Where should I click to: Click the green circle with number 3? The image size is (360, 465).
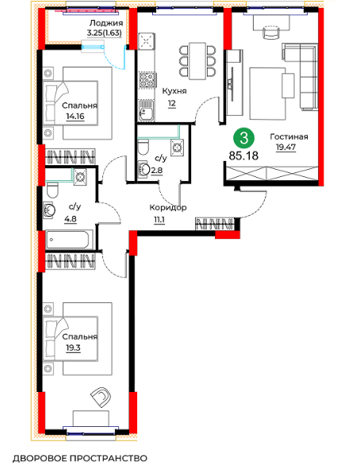point(243,138)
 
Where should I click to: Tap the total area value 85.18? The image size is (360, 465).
point(243,156)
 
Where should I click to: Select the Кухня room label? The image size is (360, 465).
point(174,91)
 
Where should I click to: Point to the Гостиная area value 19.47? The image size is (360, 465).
point(286,147)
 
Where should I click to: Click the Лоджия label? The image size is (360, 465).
point(106,23)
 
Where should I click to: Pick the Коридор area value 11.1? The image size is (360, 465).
point(159,221)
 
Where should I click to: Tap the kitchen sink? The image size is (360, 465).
point(146,111)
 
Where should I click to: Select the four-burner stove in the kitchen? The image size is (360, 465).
point(147,80)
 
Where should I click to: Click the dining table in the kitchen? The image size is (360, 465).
point(197,61)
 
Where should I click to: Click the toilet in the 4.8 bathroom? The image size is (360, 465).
point(52,190)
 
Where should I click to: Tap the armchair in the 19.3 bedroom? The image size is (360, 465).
point(101,397)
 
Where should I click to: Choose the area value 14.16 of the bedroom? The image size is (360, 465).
point(75,117)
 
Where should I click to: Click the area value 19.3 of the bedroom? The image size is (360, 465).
point(73,348)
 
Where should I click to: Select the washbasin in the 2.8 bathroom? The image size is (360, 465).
point(144,169)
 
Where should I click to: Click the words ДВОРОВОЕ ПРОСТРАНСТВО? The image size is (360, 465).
point(80,458)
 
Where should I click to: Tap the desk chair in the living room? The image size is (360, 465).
point(271,32)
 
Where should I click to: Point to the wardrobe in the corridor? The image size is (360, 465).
point(215,224)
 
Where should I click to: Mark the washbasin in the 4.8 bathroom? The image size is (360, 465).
point(49,210)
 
